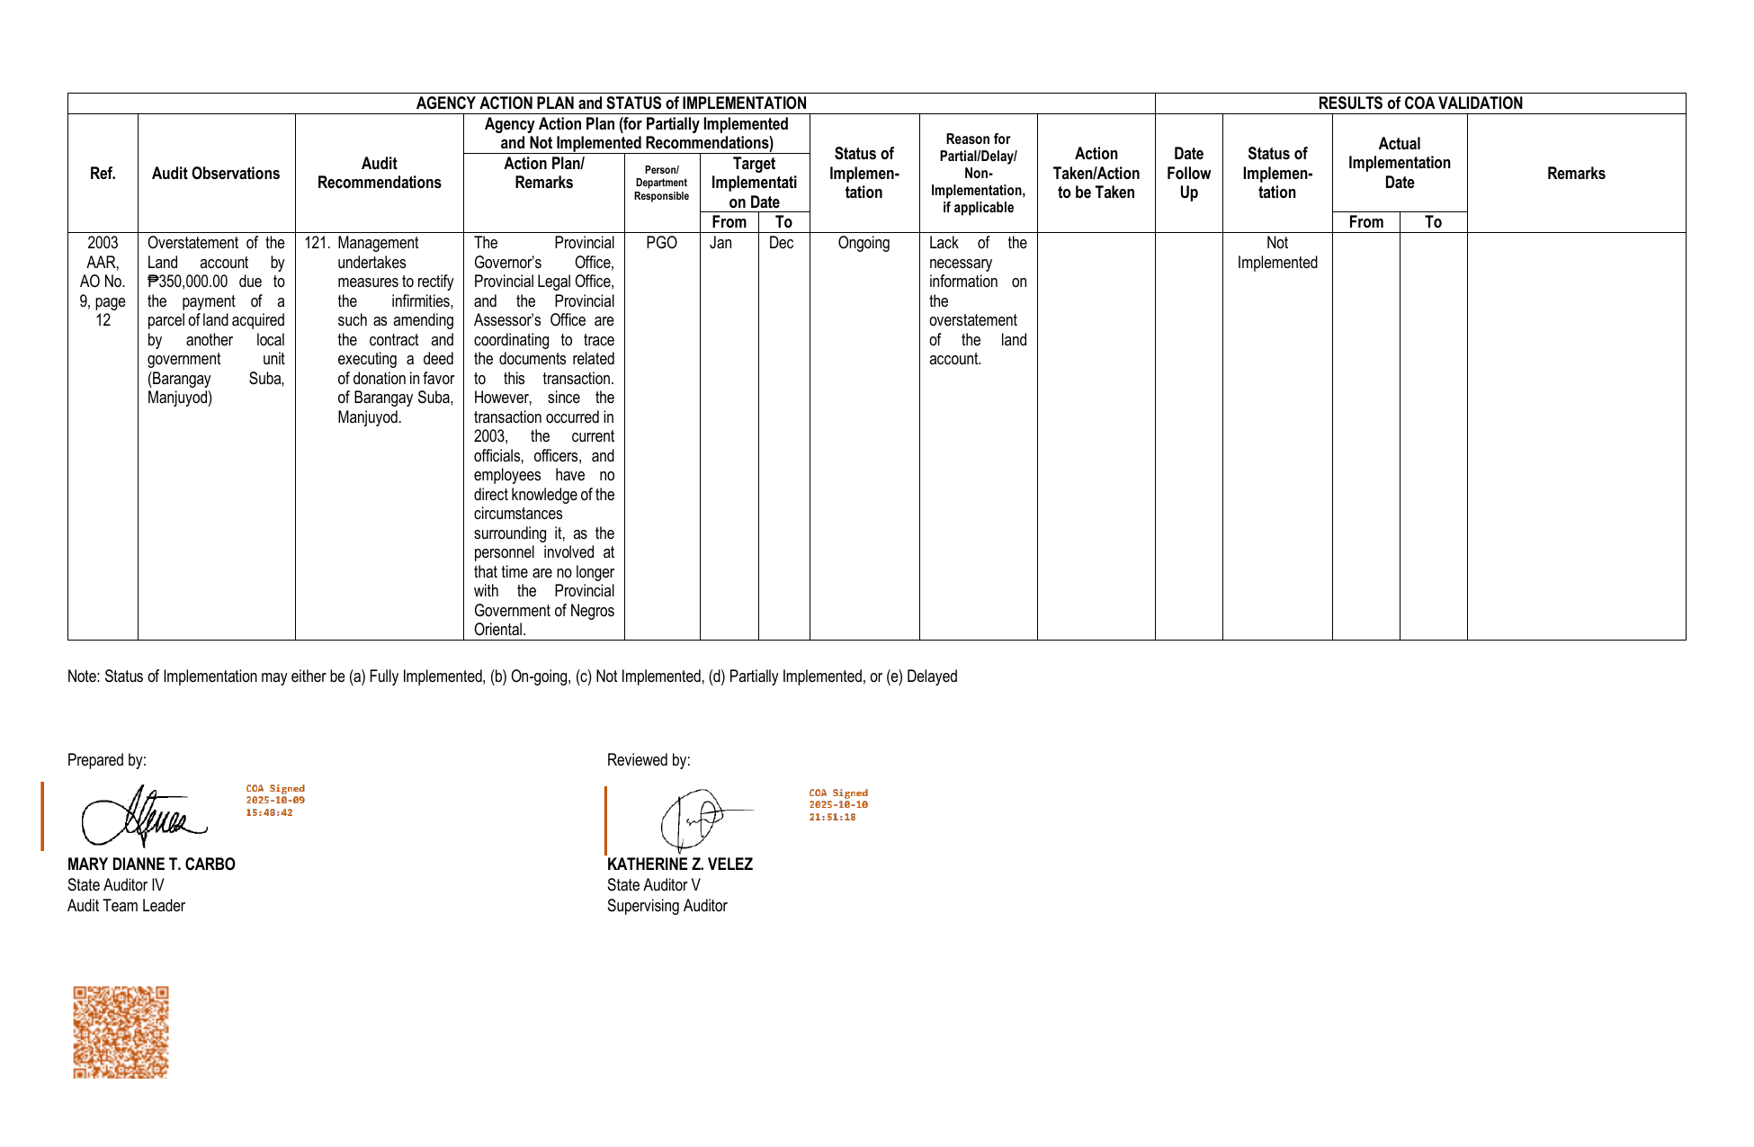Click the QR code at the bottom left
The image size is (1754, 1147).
(x=121, y=1032)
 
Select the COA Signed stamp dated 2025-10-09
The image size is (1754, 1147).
(x=275, y=801)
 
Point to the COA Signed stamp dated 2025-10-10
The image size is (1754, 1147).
(x=838, y=805)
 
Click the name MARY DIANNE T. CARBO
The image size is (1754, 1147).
(x=151, y=865)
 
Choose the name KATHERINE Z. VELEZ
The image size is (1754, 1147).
(x=680, y=865)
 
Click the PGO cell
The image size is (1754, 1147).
(x=661, y=243)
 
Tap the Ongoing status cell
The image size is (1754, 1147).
(x=864, y=243)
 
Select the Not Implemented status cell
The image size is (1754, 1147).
(x=1276, y=253)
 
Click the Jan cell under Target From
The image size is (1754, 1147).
(x=720, y=243)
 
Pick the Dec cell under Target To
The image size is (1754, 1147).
(x=781, y=243)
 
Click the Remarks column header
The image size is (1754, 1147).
(x=1576, y=174)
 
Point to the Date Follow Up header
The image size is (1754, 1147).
(x=1188, y=174)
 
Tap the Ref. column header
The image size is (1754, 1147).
(x=103, y=174)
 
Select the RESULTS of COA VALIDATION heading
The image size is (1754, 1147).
(x=1419, y=103)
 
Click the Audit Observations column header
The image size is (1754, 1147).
(x=216, y=174)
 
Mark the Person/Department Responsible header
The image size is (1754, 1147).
(x=661, y=183)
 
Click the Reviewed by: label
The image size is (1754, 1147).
(x=649, y=760)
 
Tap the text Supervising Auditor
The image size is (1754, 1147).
(x=667, y=906)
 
